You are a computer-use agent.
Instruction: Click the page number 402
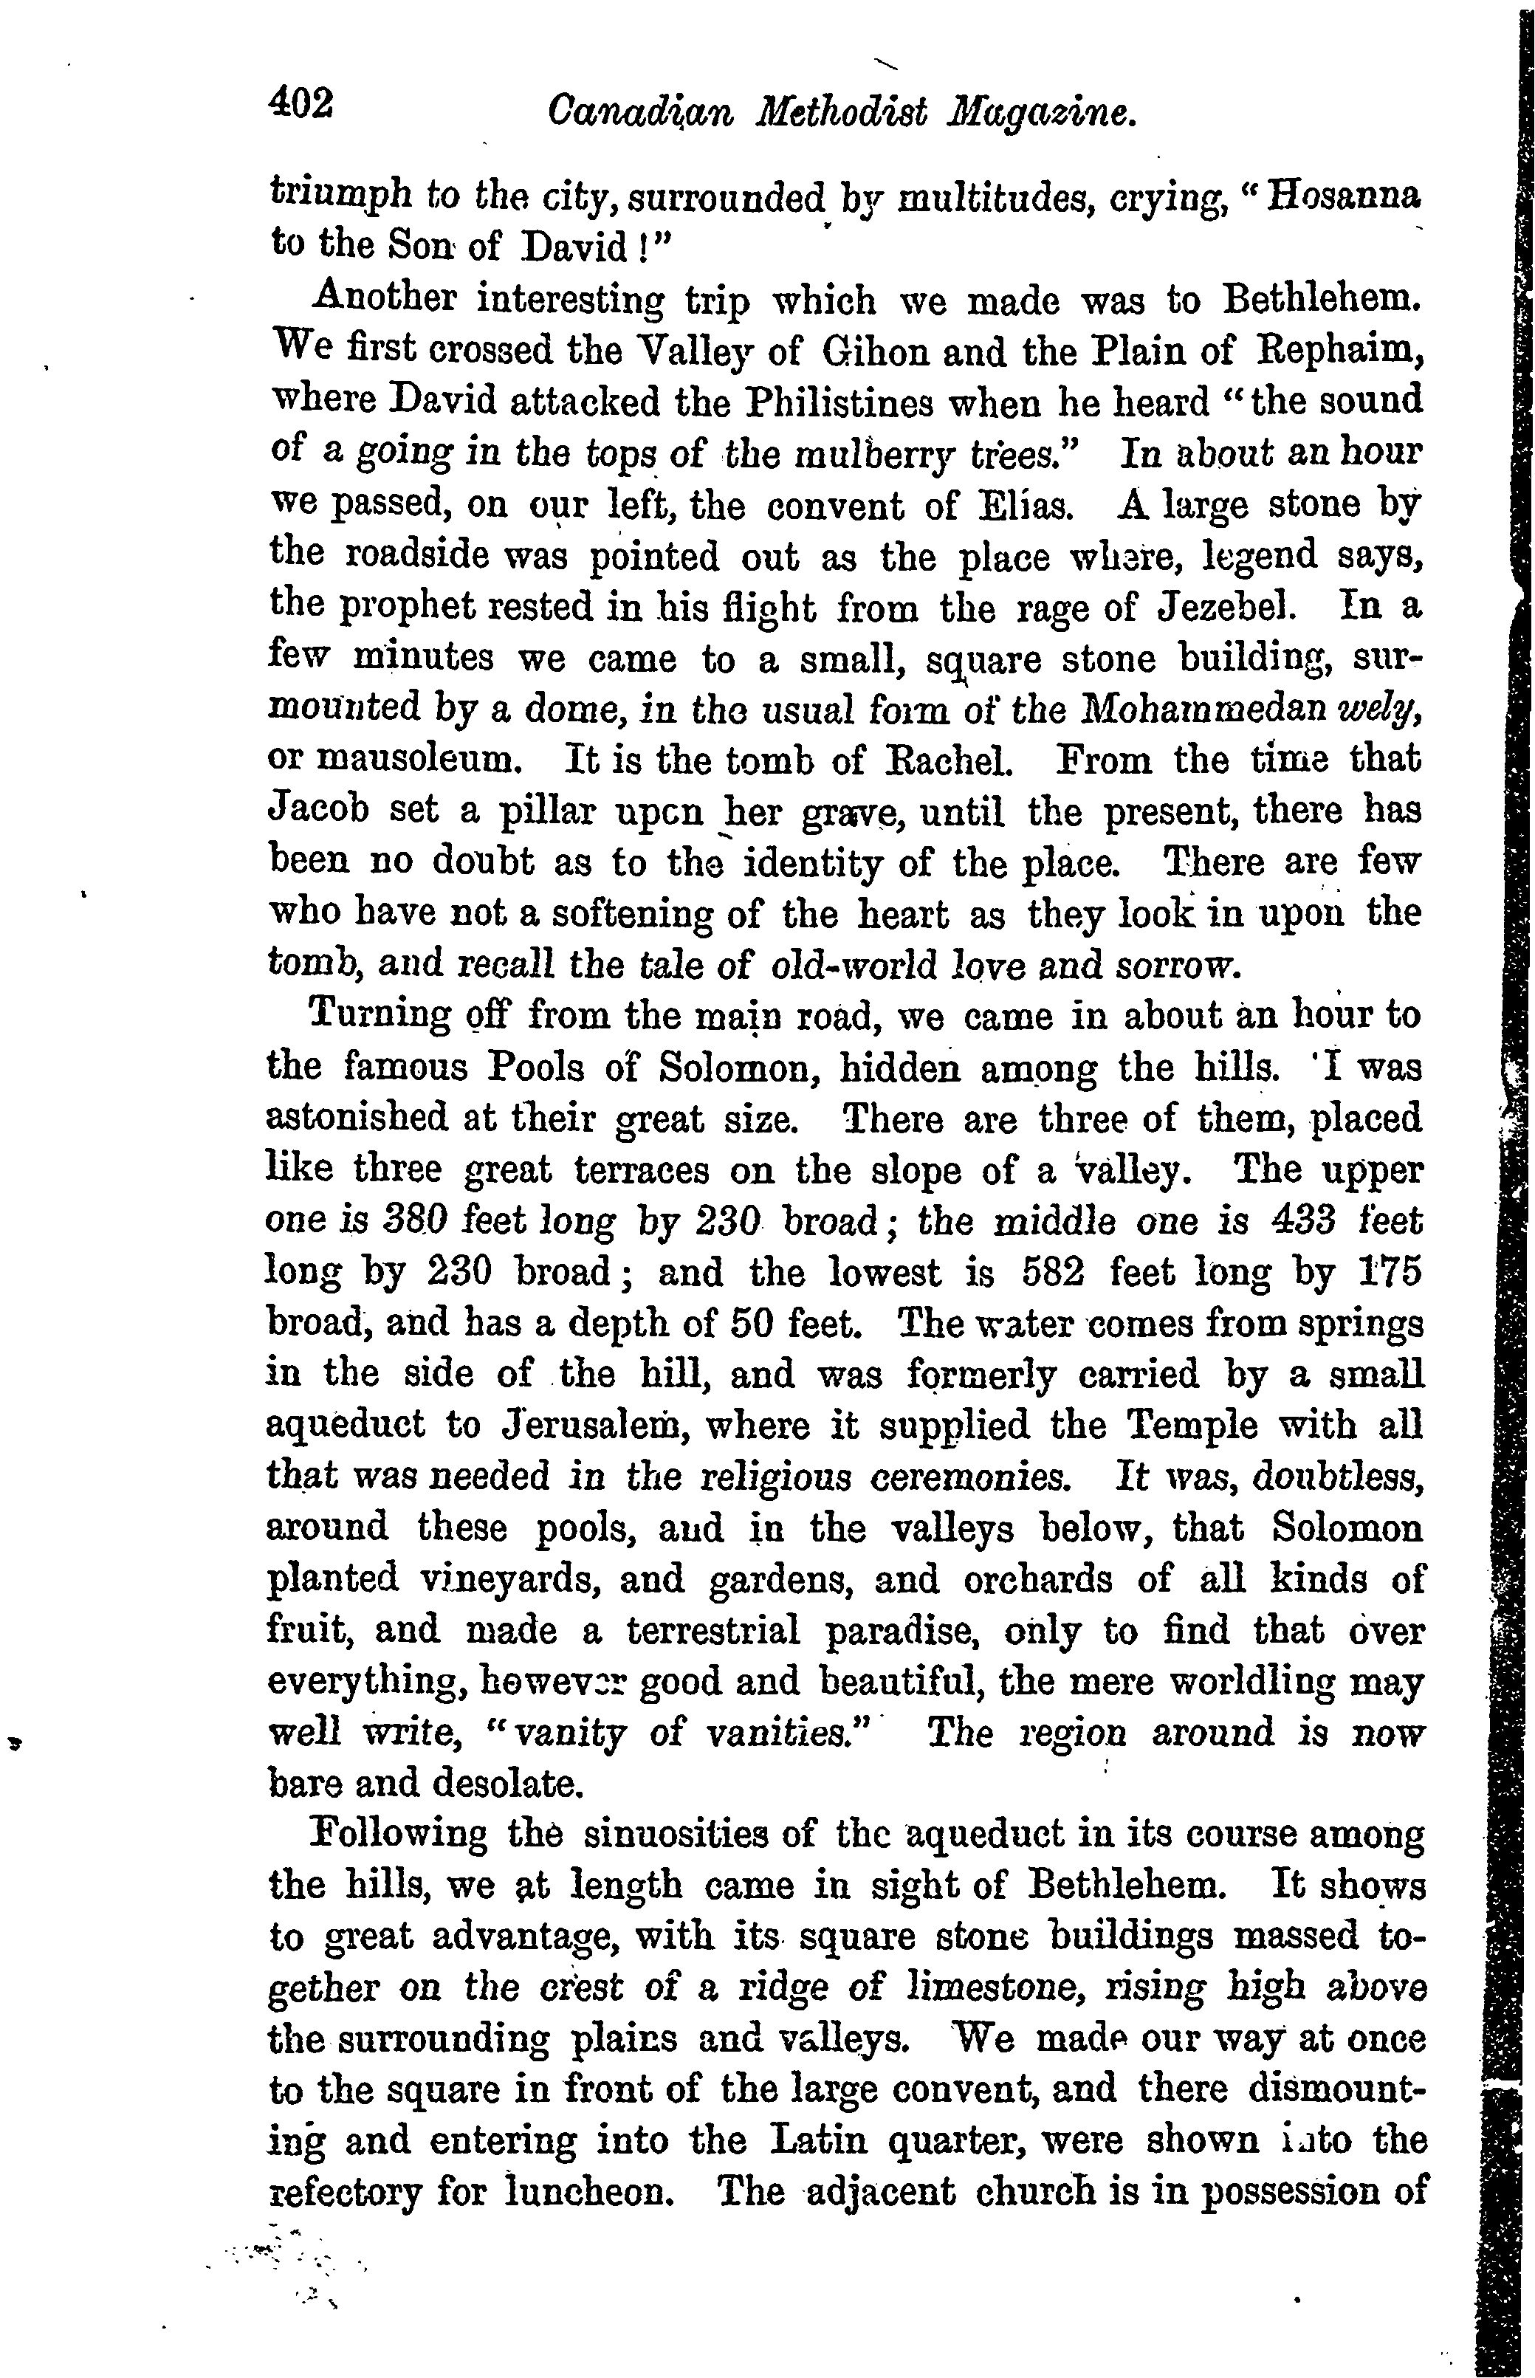click(301, 103)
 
